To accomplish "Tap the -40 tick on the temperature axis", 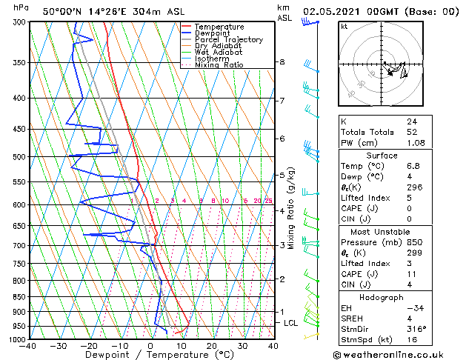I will click(x=29, y=346).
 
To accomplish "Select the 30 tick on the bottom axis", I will click(x=242, y=346).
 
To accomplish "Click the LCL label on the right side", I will click(x=291, y=324).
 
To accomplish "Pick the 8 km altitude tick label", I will click(x=282, y=62).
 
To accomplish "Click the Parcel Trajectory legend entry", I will click(x=228, y=40).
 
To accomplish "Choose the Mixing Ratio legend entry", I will click(x=219, y=65).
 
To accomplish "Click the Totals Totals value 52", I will click(x=411, y=132).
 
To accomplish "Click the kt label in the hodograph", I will click(x=344, y=26).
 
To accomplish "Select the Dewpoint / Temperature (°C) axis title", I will click(x=151, y=355).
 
